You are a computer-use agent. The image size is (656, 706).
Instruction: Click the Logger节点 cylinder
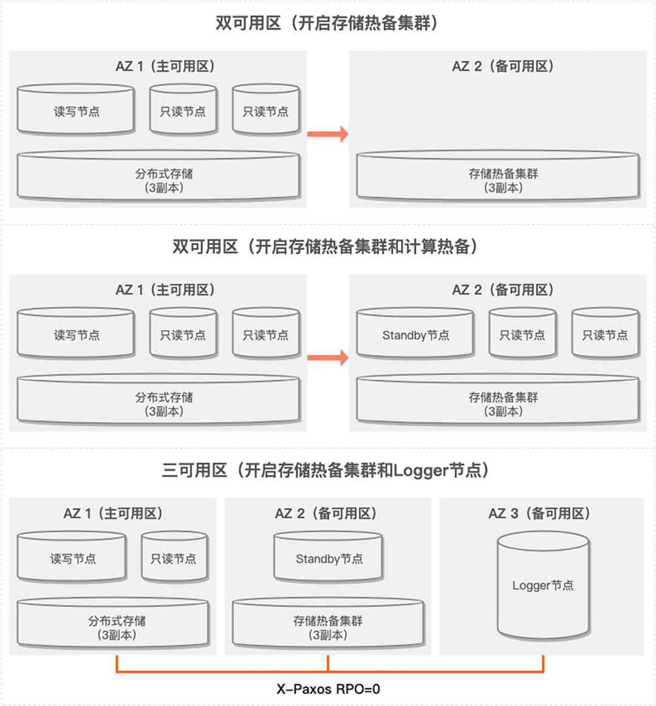543,586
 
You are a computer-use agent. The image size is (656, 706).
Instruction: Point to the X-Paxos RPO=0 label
328,689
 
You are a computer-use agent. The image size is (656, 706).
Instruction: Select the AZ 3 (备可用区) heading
539,513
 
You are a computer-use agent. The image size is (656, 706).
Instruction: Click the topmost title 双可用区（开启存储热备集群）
327,23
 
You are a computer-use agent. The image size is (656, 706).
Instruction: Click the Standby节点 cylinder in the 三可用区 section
329,558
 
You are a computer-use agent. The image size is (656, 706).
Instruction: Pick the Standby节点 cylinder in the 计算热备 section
415,335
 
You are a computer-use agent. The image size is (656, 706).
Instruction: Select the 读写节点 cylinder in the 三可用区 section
72,558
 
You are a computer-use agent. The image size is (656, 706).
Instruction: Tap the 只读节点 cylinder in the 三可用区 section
174,558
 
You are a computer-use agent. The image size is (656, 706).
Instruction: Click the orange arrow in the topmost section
327,134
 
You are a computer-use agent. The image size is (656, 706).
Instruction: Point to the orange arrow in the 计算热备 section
327,357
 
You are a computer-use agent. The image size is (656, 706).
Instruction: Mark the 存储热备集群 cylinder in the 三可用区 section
328,626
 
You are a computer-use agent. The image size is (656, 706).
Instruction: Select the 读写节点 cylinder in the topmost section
76,111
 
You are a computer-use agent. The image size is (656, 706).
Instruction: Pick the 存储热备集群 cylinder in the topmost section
498,179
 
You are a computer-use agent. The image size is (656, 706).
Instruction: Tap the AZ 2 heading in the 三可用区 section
326,513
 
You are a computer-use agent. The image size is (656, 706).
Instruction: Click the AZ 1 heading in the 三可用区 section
113,513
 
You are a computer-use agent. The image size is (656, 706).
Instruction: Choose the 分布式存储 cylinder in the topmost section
159,179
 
